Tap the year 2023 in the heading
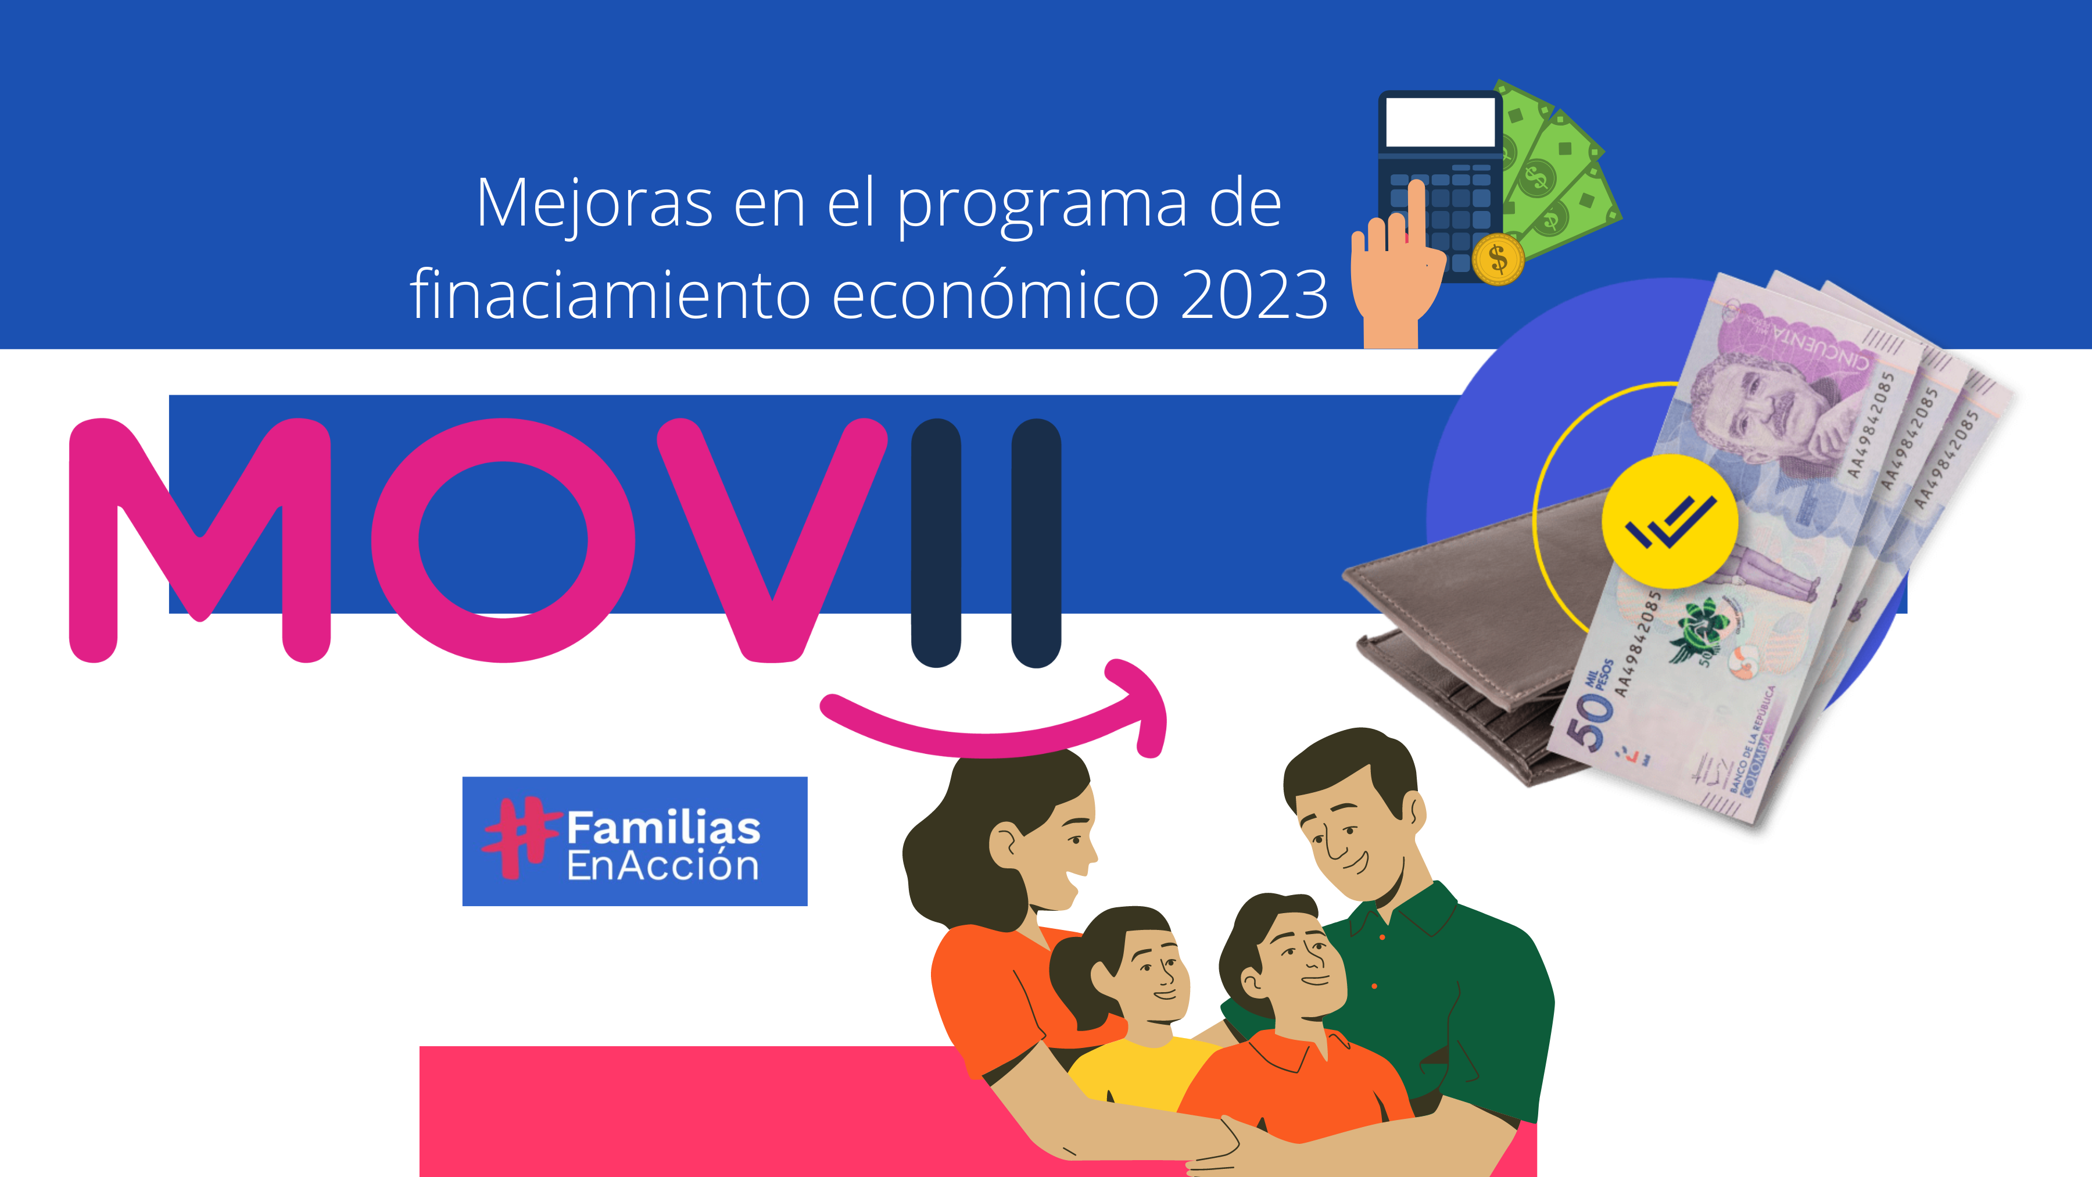1254,295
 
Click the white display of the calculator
1440,123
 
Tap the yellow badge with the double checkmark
1670,521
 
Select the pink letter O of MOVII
503,540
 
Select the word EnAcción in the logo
662,867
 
